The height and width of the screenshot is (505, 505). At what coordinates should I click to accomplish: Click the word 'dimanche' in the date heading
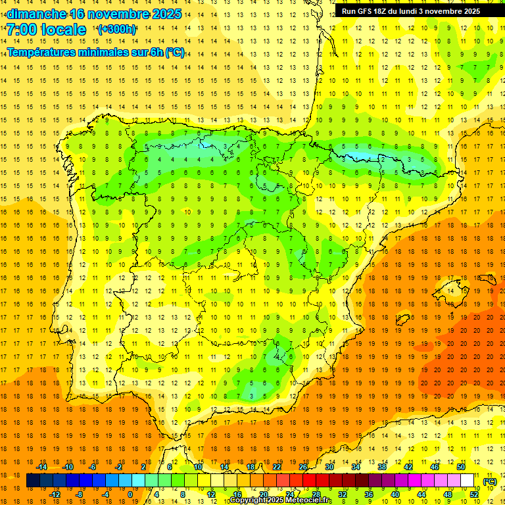36,14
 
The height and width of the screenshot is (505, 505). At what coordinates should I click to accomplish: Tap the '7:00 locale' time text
46,30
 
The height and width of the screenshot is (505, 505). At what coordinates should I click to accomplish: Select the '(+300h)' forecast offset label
116,30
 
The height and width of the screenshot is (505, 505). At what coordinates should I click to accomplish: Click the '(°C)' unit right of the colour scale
490,481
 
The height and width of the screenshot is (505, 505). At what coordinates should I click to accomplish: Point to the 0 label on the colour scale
130,494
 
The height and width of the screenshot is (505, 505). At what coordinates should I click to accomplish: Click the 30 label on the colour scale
329,467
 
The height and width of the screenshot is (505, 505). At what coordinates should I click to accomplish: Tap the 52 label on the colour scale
473,494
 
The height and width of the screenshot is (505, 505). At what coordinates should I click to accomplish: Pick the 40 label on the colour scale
395,494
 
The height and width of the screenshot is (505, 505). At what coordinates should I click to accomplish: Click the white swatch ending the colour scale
467,481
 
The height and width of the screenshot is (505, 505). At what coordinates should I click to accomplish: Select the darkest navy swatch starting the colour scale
33,481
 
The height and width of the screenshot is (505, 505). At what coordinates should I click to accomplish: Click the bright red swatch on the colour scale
309,481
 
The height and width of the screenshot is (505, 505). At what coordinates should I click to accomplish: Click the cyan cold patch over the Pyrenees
358,156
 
